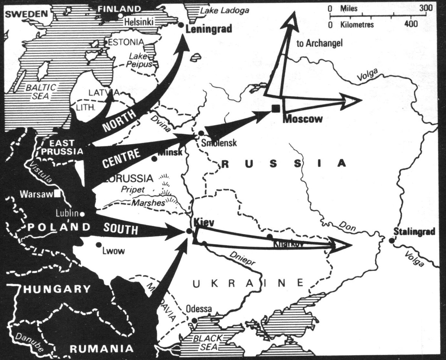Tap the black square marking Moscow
pos(275,108)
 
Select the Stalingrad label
pos(414,232)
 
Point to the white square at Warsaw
pos(57,193)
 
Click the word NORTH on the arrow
pos(119,122)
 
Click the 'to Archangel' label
pos(319,44)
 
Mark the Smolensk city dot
pos(201,133)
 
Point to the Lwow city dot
pos(98,245)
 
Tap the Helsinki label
pos(139,22)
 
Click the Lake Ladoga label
pos(224,10)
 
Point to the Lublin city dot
pos(82,214)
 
